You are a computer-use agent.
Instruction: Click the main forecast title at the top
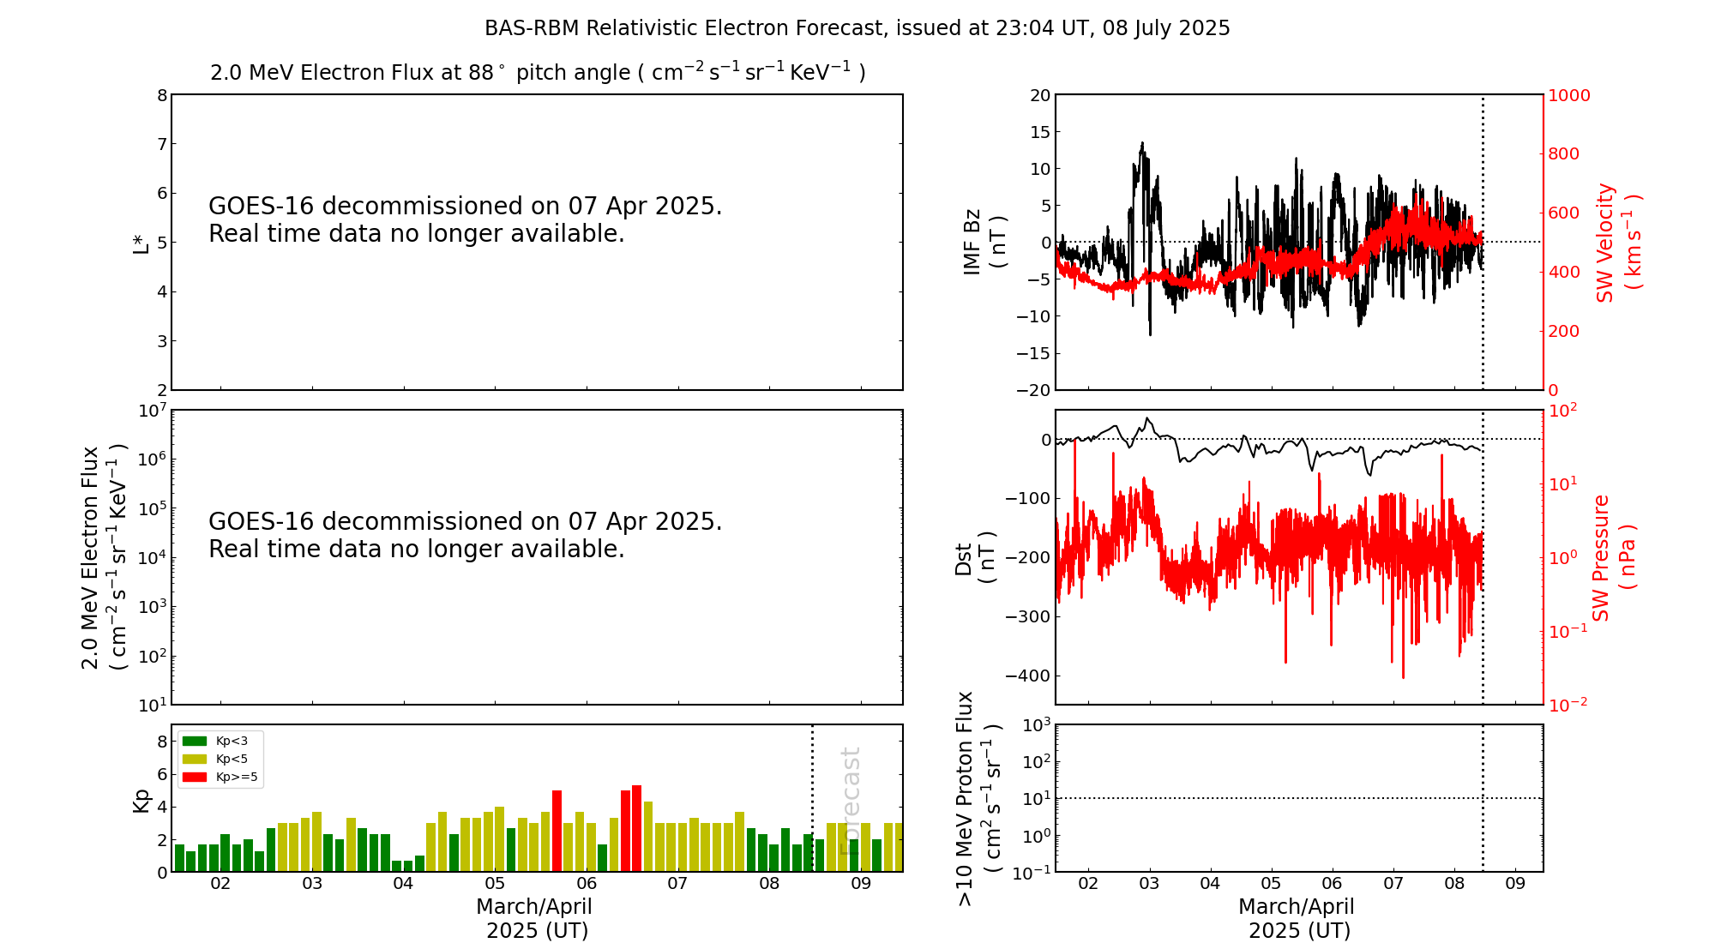[857, 28]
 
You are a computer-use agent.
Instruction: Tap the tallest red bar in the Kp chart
[636, 828]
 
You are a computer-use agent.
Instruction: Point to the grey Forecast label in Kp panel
[850, 801]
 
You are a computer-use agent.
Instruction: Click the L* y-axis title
[141, 242]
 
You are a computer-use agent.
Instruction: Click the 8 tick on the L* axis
[161, 95]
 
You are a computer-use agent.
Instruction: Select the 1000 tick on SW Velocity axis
[1568, 95]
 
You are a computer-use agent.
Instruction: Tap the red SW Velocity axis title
[1617, 242]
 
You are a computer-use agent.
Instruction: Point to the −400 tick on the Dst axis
[1029, 676]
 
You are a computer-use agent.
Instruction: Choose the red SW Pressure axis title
[1613, 557]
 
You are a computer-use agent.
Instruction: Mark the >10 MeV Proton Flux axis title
[978, 798]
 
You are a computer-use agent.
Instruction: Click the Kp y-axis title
[141, 799]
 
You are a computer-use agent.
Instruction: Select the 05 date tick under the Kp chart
[495, 884]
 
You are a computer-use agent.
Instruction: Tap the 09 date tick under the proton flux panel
[1515, 884]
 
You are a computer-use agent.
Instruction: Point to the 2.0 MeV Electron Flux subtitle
[538, 72]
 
